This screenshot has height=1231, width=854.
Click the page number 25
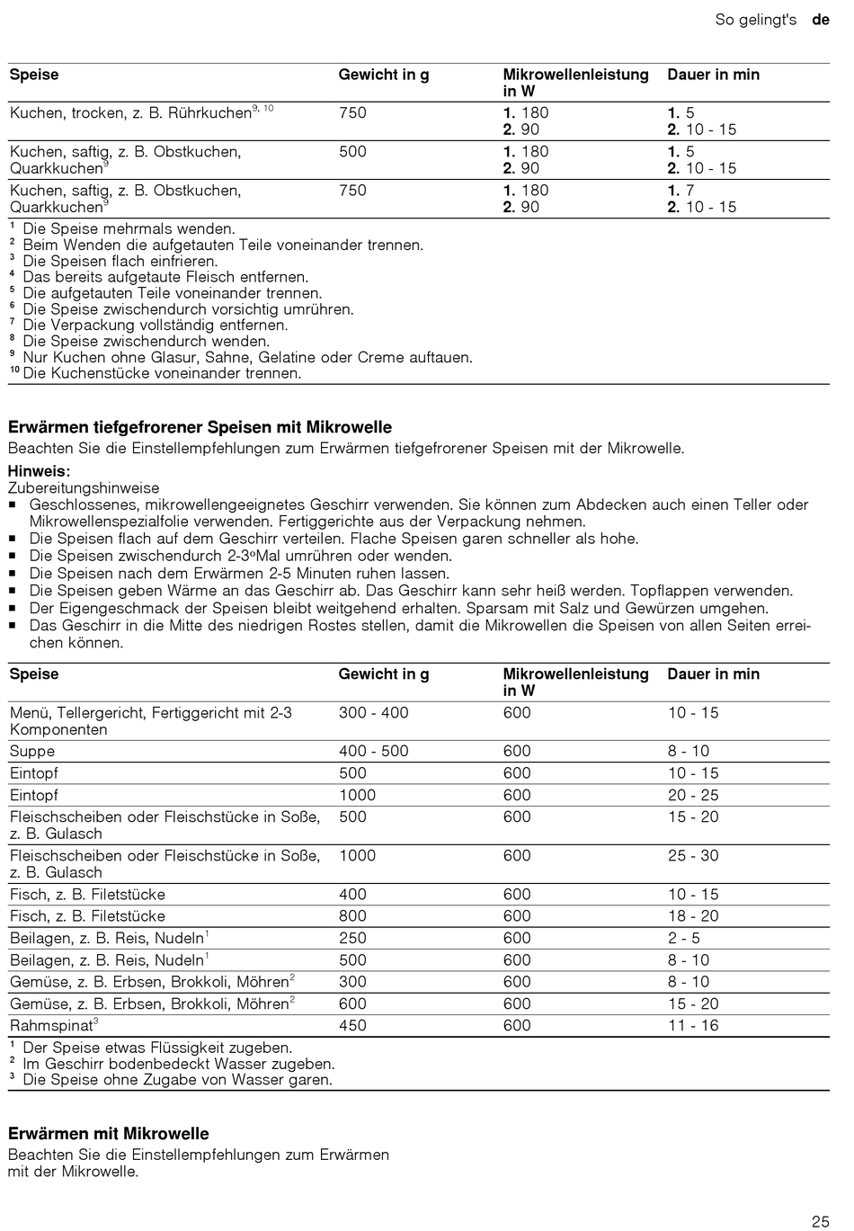click(x=820, y=1221)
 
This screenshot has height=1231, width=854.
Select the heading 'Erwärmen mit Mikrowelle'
click(x=108, y=1134)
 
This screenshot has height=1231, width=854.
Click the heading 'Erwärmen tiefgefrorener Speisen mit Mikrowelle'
click(x=200, y=427)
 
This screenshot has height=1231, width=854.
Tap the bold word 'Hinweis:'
click(x=39, y=471)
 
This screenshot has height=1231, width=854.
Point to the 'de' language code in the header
click(x=820, y=19)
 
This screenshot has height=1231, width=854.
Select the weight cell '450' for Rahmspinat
click(x=352, y=1026)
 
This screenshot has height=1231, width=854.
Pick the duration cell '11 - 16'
click(x=693, y=1026)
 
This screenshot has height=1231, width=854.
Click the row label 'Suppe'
click(x=32, y=752)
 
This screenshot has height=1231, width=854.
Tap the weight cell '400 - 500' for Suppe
click(x=373, y=752)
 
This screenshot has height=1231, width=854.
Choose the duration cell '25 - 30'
click(x=693, y=856)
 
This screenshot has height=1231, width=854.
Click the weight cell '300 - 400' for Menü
click(x=373, y=713)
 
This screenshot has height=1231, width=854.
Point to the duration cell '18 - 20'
click(x=693, y=916)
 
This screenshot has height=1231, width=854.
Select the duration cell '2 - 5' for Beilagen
click(x=683, y=938)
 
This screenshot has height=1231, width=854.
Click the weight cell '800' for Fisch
click(x=352, y=916)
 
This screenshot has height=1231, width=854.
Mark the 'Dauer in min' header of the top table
click(x=713, y=75)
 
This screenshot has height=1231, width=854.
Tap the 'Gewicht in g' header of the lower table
click(x=384, y=674)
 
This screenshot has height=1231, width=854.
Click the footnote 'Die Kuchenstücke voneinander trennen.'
click(x=162, y=374)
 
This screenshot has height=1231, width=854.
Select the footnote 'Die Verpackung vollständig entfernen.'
click(x=156, y=326)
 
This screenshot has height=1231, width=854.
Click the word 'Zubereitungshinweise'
click(x=84, y=488)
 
